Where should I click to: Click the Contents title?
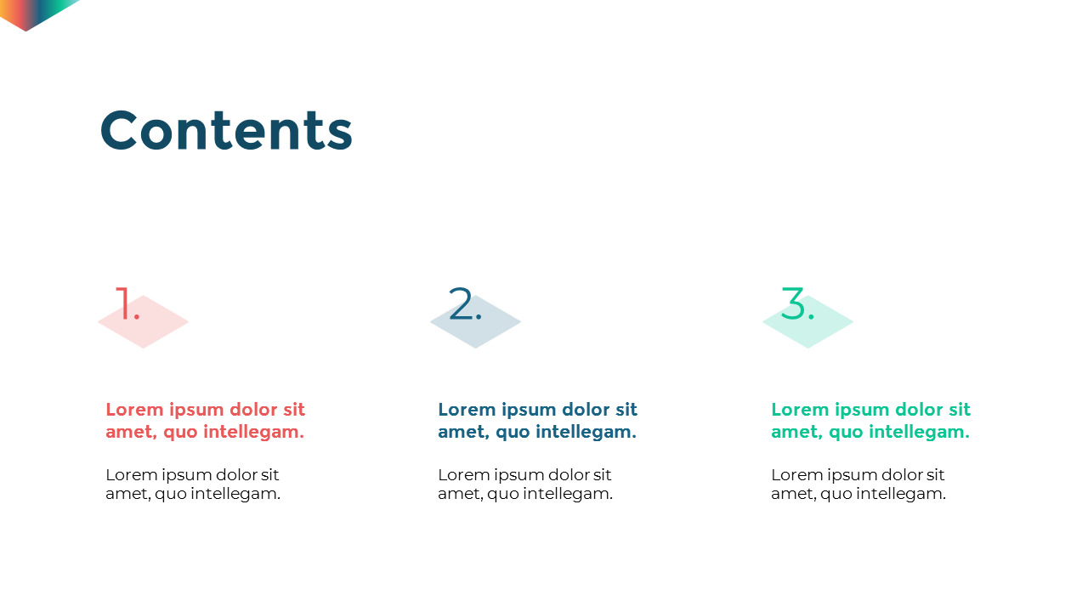[x=226, y=131]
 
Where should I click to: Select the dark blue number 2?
[x=464, y=304]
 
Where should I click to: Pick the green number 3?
[x=796, y=304]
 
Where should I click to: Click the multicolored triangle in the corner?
[x=34, y=11]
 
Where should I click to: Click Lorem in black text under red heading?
[x=130, y=475]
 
